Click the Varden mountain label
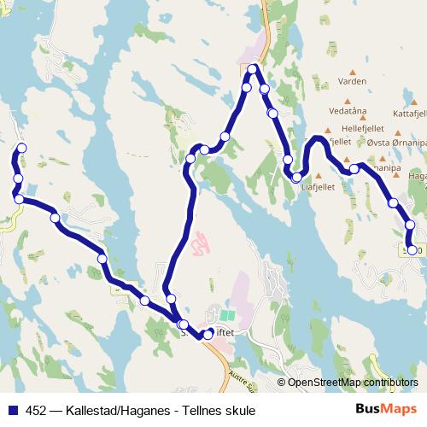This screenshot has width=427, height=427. [x=352, y=82]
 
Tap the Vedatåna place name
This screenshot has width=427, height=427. [x=348, y=111]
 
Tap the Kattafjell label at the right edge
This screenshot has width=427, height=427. [x=409, y=113]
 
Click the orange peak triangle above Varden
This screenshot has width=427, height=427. [x=352, y=72]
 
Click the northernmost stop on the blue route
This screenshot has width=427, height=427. [x=254, y=68]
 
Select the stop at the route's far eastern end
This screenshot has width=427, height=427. [x=412, y=250]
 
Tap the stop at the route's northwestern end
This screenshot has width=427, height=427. [x=21, y=148]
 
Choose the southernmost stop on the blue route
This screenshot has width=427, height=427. [x=208, y=335]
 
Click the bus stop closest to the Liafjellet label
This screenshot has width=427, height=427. [x=296, y=178]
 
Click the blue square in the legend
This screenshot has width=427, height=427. [x=12, y=410]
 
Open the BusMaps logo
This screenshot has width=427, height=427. [x=386, y=409]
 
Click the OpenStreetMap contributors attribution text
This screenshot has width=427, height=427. [x=352, y=383]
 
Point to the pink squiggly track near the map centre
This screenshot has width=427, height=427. [x=200, y=246]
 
